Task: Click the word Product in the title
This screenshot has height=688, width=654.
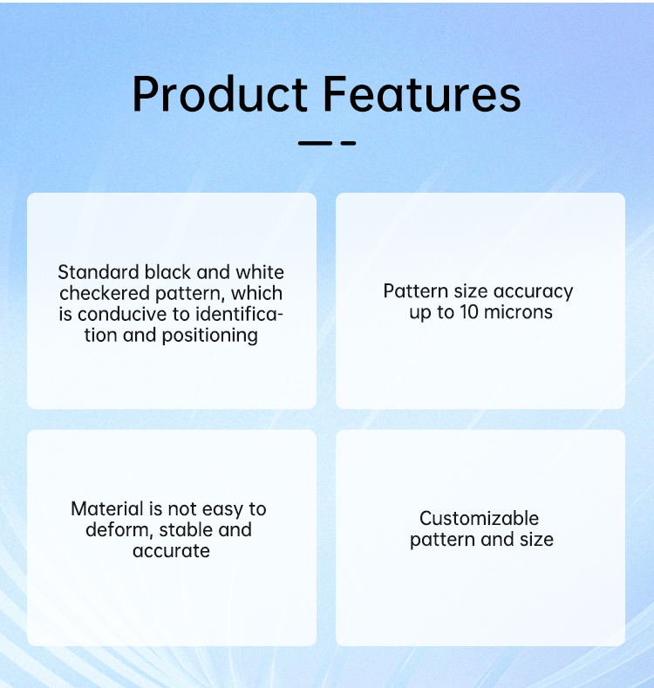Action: pos(220,94)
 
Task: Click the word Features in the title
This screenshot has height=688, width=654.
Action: pos(422,94)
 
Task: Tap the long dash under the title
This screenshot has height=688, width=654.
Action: pos(315,143)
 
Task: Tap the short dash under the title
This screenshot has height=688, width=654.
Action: pos(348,143)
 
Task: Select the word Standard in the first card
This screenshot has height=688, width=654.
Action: pos(99,272)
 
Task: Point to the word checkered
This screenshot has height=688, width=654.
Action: pos(105,293)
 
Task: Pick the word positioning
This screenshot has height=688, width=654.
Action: pos(210,336)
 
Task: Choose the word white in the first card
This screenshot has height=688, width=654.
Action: pos(260,272)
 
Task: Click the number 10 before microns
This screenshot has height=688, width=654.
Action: pos(469,312)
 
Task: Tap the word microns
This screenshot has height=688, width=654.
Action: pos(518,312)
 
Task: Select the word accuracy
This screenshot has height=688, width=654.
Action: pos(533,292)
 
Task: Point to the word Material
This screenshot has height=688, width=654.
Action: pos(107,509)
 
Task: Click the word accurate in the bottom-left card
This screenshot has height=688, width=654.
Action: pos(171,551)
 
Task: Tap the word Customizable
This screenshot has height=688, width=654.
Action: pos(479,519)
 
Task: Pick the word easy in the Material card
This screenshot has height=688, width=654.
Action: pos(222,510)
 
